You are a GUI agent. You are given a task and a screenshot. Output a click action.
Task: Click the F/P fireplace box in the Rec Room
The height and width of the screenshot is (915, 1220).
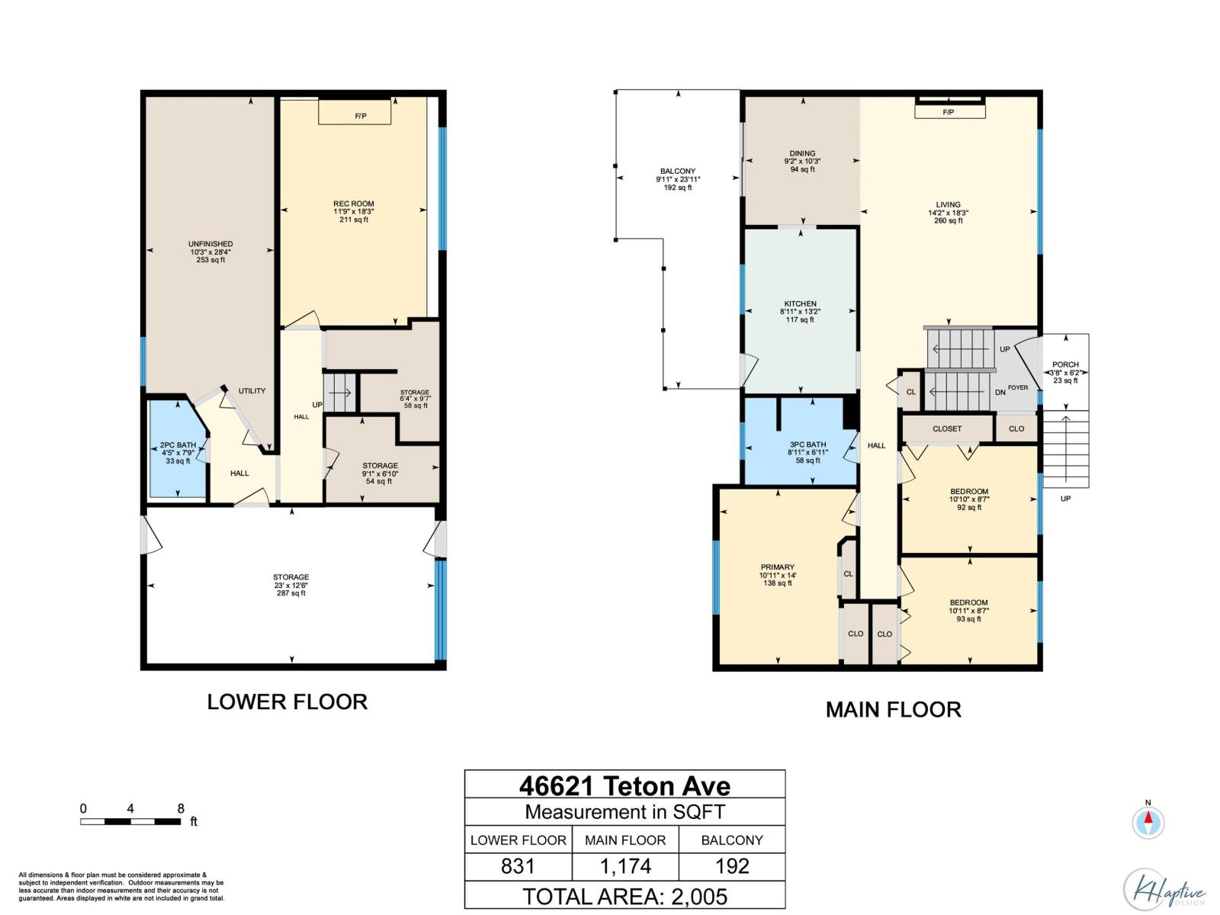[x=354, y=112]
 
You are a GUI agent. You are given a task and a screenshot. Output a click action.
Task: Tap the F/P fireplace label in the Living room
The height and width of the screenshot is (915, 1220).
[x=949, y=112]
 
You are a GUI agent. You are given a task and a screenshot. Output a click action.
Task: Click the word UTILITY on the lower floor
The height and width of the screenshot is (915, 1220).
[x=252, y=390]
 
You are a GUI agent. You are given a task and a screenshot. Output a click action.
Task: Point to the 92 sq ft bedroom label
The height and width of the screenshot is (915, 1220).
[x=969, y=499]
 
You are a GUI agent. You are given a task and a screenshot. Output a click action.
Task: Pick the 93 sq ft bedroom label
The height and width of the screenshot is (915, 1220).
[x=969, y=611]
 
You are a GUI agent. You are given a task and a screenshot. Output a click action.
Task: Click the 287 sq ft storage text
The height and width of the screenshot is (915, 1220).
[x=291, y=592]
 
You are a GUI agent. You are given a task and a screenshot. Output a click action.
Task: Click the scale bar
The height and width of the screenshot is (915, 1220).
[x=130, y=821]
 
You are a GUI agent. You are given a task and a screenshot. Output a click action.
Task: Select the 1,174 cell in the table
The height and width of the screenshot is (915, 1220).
[x=625, y=866]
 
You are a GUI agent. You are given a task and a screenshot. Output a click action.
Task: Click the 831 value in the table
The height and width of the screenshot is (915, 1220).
[x=518, y=866]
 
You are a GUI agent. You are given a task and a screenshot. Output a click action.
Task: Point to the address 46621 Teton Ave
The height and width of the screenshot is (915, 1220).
[x=624, y=785]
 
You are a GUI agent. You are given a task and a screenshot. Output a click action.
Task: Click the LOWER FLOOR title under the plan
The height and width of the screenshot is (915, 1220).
[x=287, y=701]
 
